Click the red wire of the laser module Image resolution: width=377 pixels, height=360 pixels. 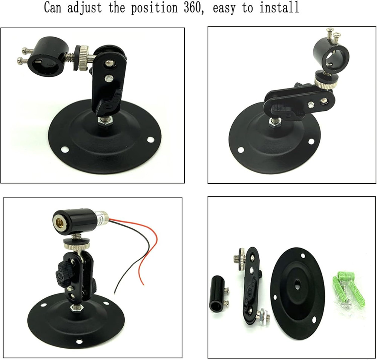(151, 241)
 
